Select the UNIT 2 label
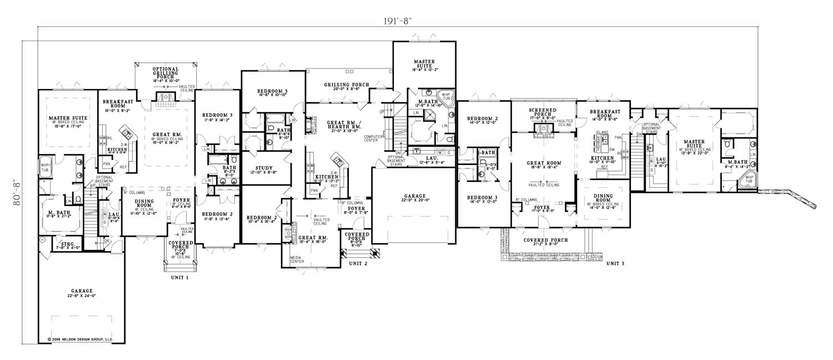click(358, 263)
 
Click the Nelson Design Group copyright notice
click(77, 338)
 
